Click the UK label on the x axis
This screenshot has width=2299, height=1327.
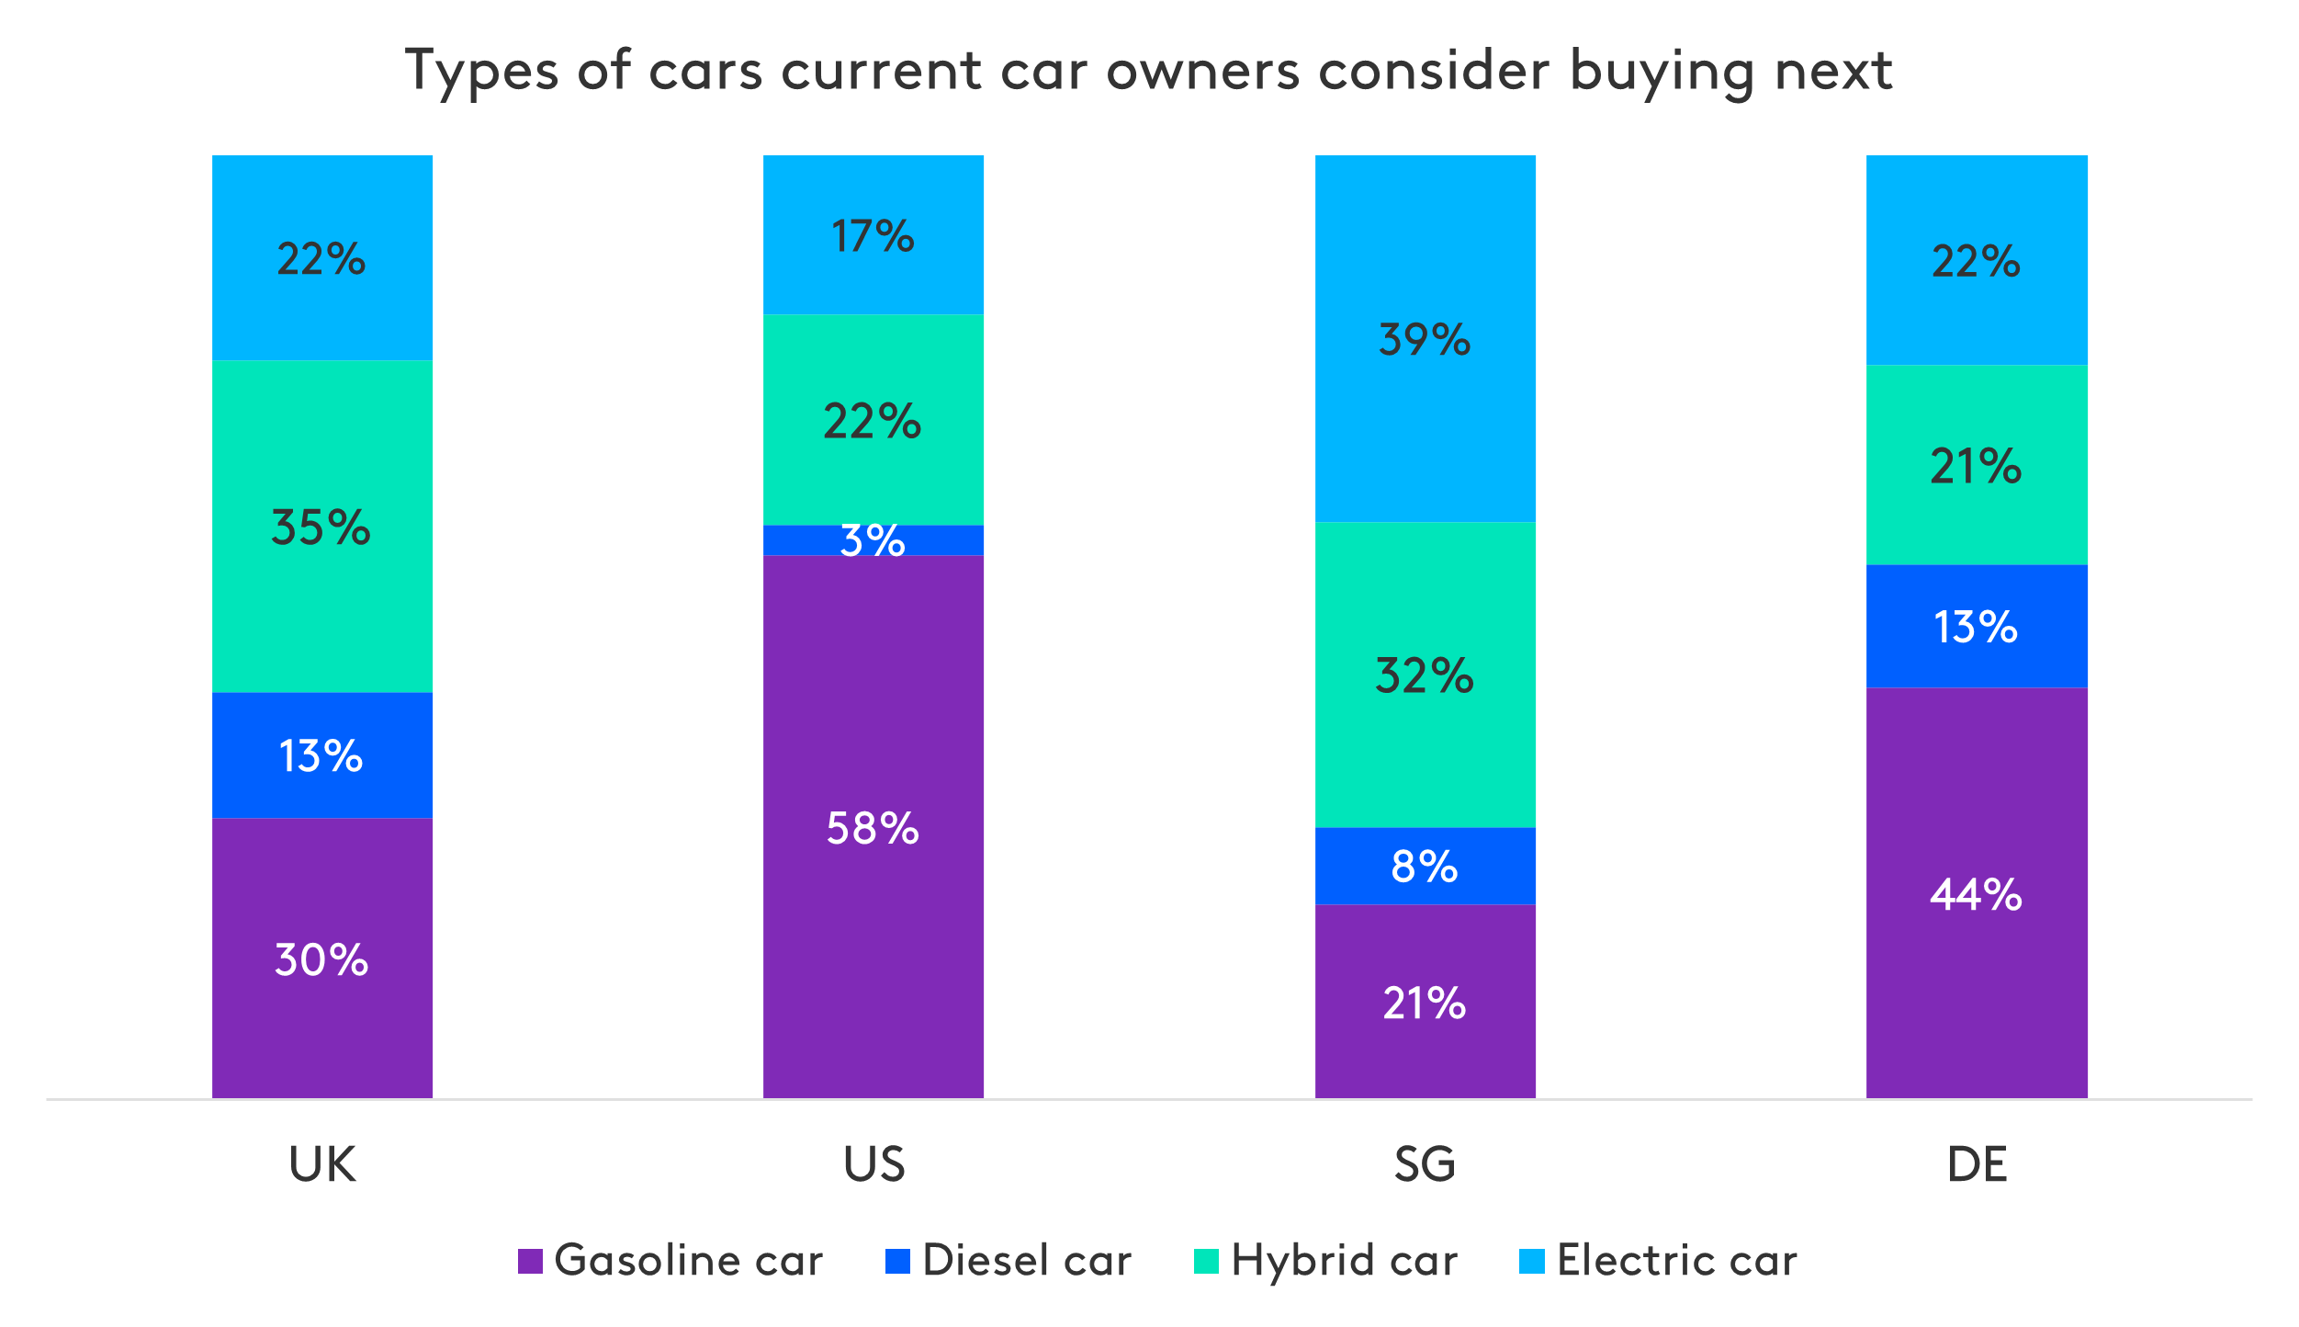click(x=322, y=1164)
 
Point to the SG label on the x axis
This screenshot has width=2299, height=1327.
click(x=1425, y=1164)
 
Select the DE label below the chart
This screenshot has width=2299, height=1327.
click(x=1977, y=1164)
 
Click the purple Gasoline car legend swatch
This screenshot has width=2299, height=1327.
click(x=530, y=1261)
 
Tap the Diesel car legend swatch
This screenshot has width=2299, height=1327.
click(x=897, y=1261)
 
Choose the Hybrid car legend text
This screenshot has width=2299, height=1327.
click(x=1344, y=1261)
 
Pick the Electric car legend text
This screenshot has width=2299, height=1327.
click(x=1676, y=1261)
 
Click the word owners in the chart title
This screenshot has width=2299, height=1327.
click(x=1202, y=71)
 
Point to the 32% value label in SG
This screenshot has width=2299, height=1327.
click(x=1425, y=676)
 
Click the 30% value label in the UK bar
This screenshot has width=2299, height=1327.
click(x=321, y=960)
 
